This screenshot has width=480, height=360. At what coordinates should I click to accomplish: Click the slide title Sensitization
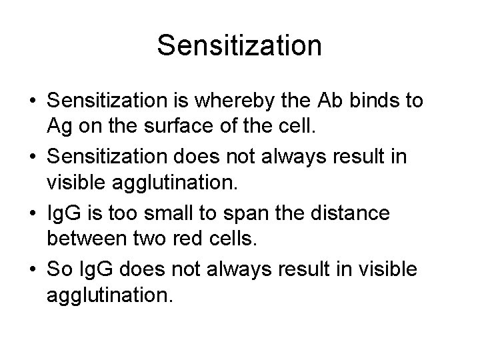[239, 46]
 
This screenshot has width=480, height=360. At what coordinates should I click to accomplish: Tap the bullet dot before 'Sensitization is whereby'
[31, 101]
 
